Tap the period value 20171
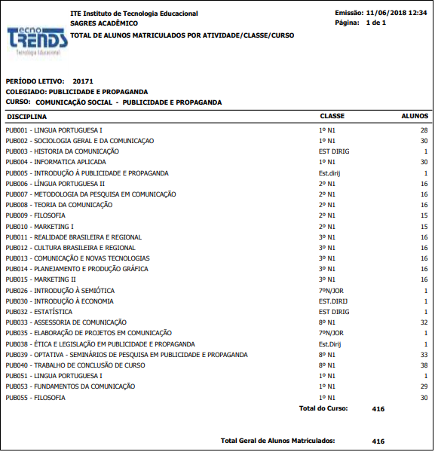coord(83,81)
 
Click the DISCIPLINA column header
coord(26,117)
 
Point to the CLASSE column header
coord(332,117)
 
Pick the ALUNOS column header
coord(415,117)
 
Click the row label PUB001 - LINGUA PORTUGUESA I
coord(54,130)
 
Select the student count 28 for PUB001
coord(424,130)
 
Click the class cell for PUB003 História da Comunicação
coord(334,151)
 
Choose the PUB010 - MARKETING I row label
coord(39,227)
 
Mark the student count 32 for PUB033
coord(424,322)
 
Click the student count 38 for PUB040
coord(424,365)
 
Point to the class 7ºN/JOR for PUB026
coord(331,291)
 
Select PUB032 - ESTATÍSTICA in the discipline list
coord(39,312)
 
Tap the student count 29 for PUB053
coord(424,386)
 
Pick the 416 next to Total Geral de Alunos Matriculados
coord(378,441)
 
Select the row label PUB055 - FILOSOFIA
coord(35,398)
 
